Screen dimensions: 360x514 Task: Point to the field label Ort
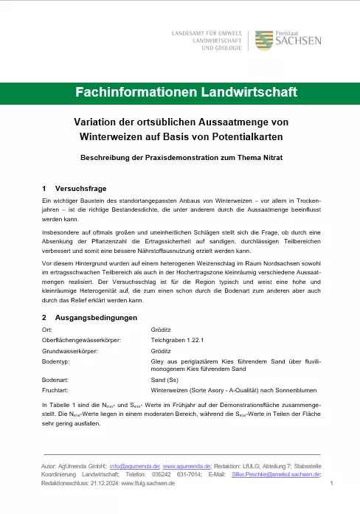pos(47,329)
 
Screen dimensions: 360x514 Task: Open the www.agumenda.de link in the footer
pos(187,467)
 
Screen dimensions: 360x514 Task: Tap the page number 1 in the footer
pos(333,484)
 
